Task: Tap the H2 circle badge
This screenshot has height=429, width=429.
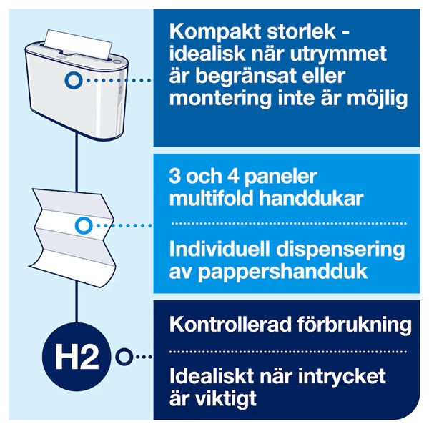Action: coord(77,355)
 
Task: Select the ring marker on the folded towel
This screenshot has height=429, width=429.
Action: coord(84,225)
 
